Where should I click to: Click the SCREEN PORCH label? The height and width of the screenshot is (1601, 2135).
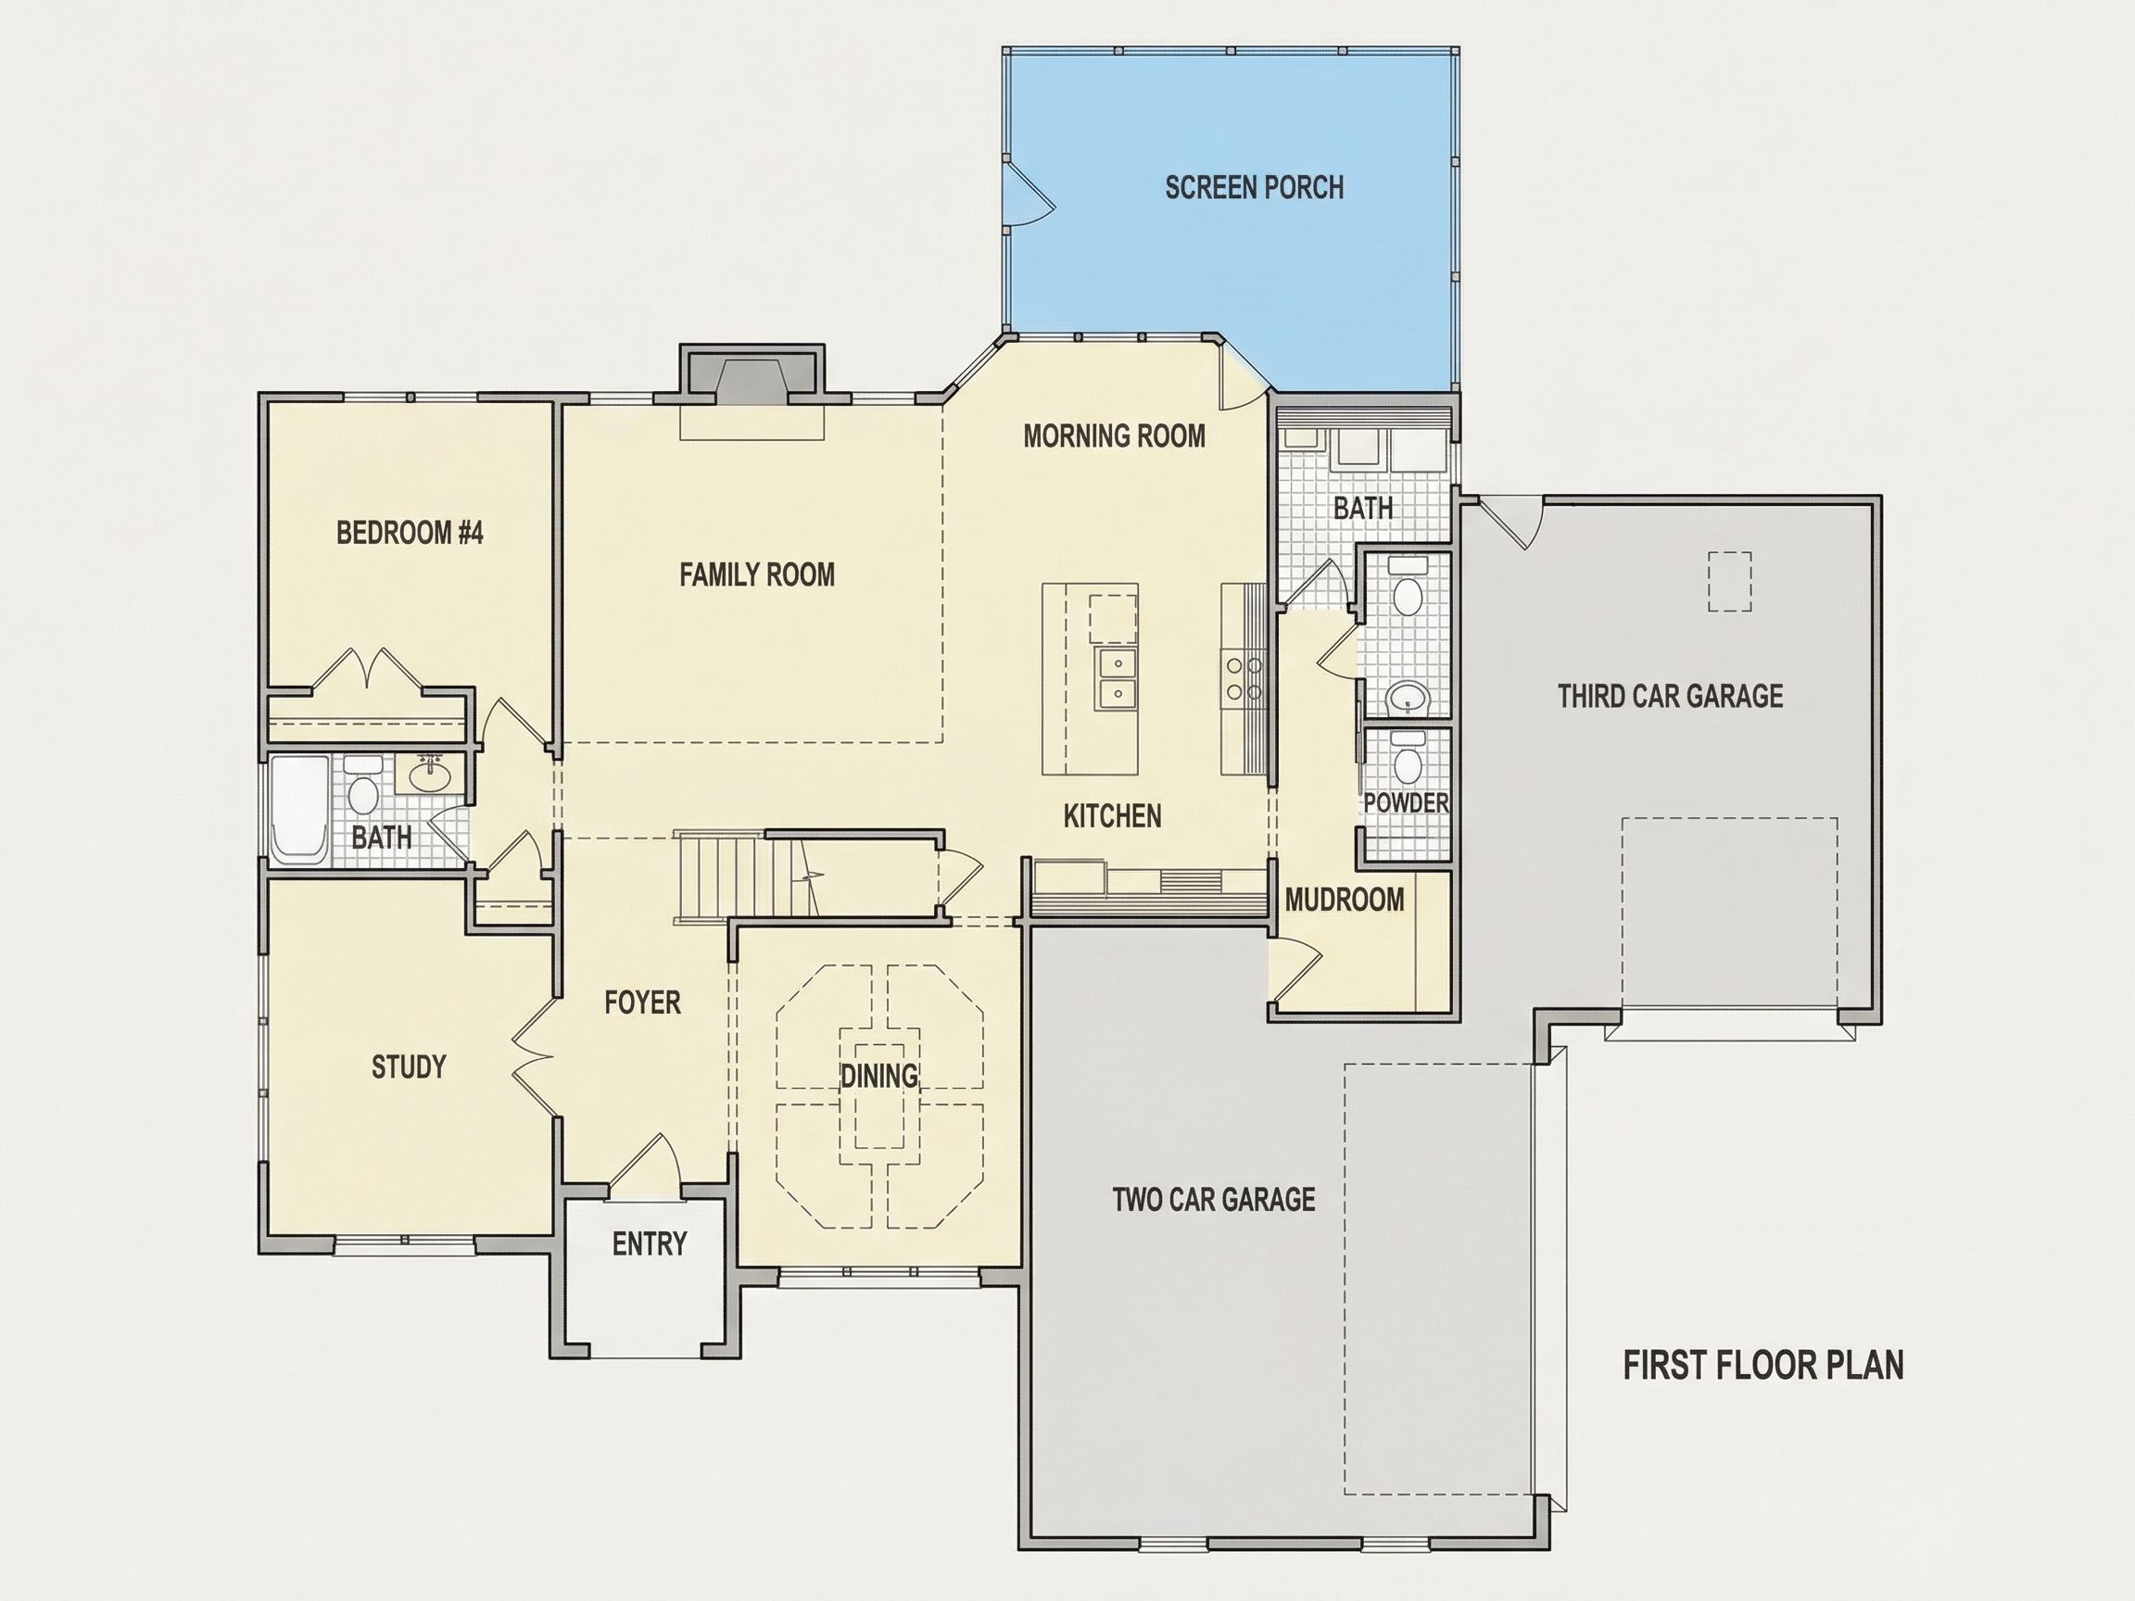tap(1254, 187)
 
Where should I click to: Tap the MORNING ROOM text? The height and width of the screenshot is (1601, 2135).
tap(1114, 436)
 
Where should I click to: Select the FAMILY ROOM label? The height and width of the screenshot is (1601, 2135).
tap(757, 575)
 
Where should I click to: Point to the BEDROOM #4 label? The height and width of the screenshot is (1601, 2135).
tap(410, 532)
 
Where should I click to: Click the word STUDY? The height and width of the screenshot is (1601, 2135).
tap(409, 1066)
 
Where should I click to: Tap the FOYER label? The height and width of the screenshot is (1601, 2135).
tap(642, 1002)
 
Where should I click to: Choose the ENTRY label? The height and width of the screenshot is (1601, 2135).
tap(650, 1244)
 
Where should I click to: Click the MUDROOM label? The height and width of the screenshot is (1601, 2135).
tap(1345, 900)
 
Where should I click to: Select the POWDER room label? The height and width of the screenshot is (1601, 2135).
tap(1407, 803)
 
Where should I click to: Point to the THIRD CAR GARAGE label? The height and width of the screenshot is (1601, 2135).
tap(1670, 696)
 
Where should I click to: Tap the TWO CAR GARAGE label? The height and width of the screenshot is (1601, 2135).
tap(1213, 1200)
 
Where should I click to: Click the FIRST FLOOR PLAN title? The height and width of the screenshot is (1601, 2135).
tap(1763, 1366)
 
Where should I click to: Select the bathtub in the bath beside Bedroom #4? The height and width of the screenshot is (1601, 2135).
tap(299, 810)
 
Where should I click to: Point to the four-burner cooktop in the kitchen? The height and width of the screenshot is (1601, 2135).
tap(1244, 677)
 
